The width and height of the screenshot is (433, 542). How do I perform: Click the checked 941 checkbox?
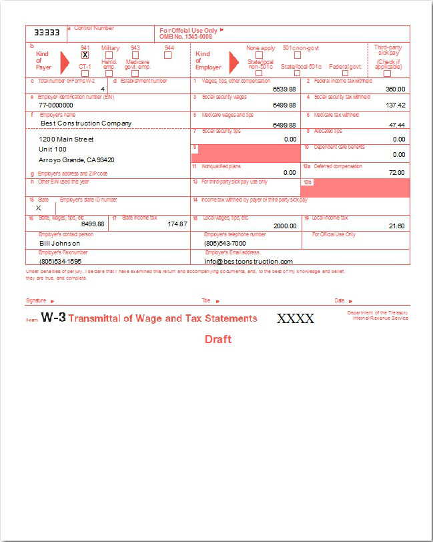[x=85, y=55]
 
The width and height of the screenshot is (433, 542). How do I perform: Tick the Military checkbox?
[x=109, y=55]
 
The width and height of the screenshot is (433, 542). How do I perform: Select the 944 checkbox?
[x=168, y=55]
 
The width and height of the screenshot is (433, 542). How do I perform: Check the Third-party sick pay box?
[x=387, y=73]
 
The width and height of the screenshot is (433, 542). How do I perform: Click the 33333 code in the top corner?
[x=47, y=32]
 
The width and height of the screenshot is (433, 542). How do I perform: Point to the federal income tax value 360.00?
[x=395, y=89]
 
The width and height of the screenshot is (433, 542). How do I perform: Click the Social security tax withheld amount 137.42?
[x=396, y=105]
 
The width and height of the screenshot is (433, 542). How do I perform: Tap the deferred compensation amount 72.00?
[x=397, y=172]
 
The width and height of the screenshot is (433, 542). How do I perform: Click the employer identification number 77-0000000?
[x=56, y=105]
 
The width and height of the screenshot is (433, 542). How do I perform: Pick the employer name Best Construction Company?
[x=86, y=123]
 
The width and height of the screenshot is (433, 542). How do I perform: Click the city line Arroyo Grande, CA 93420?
[x=77, y=160]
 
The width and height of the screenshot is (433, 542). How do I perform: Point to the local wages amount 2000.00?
[x=285, y=226]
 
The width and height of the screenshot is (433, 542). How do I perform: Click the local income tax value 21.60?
[x=396, y=226]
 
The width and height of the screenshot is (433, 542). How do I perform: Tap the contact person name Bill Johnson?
[x=61, y=244]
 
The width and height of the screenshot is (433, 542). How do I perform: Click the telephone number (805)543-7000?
[x=225, y=244]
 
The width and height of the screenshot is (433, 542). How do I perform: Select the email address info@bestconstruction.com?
[x=248, y=262]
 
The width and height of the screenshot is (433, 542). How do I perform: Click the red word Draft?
[x=218, y=340]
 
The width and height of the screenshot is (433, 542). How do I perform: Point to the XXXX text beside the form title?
[x=296, y=319]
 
